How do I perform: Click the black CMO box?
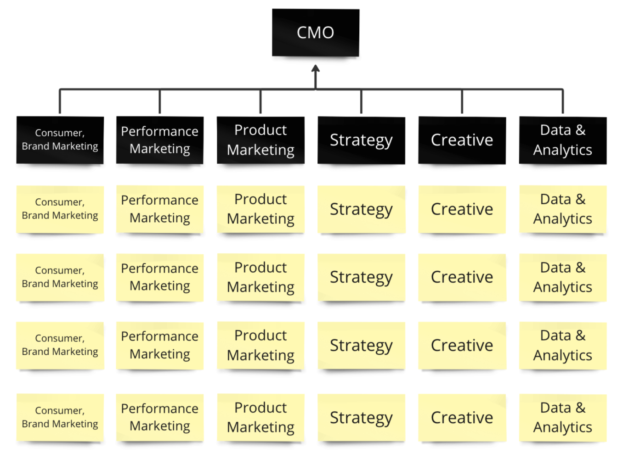315,33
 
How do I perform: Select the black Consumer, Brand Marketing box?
60,140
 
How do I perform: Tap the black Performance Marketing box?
159,140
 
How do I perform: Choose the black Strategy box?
361,140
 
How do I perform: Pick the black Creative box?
462,140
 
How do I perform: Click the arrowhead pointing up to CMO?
315,69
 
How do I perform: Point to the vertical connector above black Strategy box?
361,101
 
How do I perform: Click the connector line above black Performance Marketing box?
159,101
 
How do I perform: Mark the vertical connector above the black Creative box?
462,101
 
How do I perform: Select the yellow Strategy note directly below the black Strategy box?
361,209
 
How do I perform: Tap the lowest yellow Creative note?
462,417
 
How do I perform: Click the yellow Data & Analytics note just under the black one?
562,209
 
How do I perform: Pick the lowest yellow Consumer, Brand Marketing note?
60,417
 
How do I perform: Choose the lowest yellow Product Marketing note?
260,417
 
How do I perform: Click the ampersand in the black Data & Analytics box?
581,130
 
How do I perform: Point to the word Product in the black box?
260,130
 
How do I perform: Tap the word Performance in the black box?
159,131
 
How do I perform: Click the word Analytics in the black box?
562,150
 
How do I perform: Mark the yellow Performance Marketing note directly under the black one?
159,209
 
